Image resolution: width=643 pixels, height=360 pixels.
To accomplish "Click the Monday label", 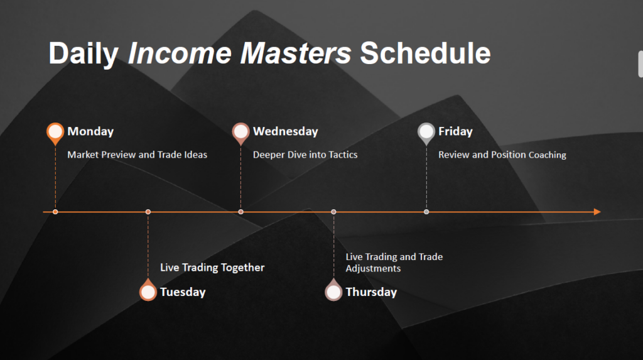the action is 90,131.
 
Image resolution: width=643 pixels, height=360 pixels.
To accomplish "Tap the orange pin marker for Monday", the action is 55,133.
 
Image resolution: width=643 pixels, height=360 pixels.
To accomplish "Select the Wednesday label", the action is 286,131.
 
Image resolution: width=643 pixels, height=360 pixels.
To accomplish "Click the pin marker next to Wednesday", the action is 240,133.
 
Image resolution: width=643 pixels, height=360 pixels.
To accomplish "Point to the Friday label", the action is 455,131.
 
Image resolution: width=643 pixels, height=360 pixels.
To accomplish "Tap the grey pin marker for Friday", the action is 426,133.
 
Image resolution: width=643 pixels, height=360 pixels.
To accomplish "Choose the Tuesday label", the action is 183,292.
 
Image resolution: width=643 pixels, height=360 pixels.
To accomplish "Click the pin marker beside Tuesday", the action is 148,290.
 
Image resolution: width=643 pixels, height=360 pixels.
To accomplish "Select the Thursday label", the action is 371,292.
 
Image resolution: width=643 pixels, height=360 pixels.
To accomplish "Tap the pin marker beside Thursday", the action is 333,290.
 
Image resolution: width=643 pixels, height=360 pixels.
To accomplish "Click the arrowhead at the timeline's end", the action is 598,212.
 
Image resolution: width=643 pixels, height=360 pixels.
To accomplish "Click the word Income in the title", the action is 180,53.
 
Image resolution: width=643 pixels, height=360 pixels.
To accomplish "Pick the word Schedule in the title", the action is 425,53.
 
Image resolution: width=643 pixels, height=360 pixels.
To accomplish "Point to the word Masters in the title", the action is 296,53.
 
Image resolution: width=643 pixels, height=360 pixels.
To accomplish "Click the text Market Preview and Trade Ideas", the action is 137,155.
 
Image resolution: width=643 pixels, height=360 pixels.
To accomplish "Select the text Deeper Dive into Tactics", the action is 305,155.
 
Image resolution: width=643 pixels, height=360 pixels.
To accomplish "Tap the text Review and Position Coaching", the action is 502,155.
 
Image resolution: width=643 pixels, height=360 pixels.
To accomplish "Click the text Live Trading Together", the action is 212,268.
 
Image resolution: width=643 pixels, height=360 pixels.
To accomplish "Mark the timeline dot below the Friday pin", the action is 426,212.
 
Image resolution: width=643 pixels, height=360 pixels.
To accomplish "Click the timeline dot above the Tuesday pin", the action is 148,212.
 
